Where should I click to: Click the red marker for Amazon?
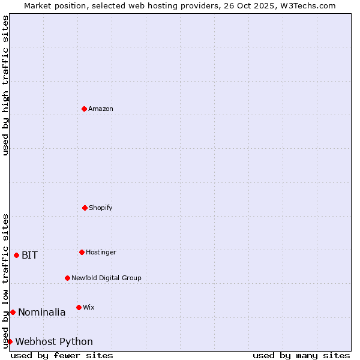pos(84,109)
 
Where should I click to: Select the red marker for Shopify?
pos(85,208)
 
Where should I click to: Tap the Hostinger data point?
pos(82,252)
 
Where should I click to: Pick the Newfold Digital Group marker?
pos(67,278)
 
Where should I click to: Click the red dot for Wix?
pos(79,307)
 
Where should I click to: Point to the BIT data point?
pos(16,255)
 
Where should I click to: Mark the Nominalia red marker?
pos(13,312)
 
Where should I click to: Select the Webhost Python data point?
pos(10,341)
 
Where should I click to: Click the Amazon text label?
pos(101,109)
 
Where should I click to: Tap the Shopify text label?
pos(101,208)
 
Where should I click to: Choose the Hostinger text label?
pos(101,252)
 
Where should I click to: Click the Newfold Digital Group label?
pos(106,278)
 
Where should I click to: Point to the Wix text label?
pos(89,307)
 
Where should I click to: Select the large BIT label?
pos(29,255)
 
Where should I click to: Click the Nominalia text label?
pos(41,312)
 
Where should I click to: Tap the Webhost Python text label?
pos(54,341)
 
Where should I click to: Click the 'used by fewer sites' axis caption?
pos(62,355)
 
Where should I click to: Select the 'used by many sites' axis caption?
pos(301,355)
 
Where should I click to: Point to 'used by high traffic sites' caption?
pos(5,85)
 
